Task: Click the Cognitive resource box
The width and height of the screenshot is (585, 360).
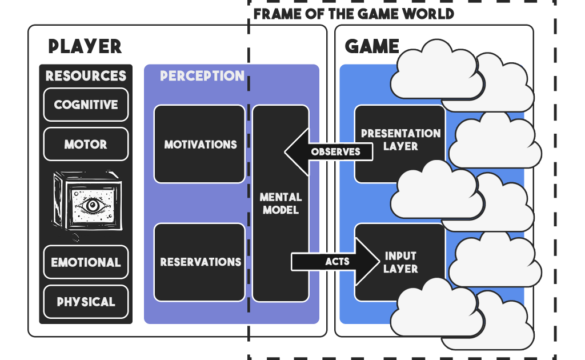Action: coord(86,105)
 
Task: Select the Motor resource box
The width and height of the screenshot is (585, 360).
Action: coord(86,144)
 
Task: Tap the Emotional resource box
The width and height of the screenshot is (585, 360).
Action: coord(86,262)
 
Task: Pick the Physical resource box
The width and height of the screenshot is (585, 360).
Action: coord(86,302)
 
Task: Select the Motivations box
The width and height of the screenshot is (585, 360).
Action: coord(200,145)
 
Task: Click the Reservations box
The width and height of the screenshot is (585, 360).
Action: coord(200,262)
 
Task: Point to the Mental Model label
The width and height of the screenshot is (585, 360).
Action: coord(281,203)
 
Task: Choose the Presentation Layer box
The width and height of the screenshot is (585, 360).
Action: coord(400,140)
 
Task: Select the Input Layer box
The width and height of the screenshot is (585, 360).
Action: coord(400,262)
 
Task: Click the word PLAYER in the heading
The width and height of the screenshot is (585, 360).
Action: coord(85,46)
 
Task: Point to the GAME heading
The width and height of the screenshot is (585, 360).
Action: coord(372,46)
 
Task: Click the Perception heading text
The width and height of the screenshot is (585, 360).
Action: coord(202,76)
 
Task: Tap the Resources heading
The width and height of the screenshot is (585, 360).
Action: coord(86,76)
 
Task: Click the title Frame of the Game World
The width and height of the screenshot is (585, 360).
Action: coord(354,13)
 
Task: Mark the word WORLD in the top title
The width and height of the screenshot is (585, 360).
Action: coord(428,13)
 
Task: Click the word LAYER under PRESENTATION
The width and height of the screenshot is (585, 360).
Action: coord(400,146)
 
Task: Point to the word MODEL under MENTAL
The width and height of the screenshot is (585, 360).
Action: coord(281,210)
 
